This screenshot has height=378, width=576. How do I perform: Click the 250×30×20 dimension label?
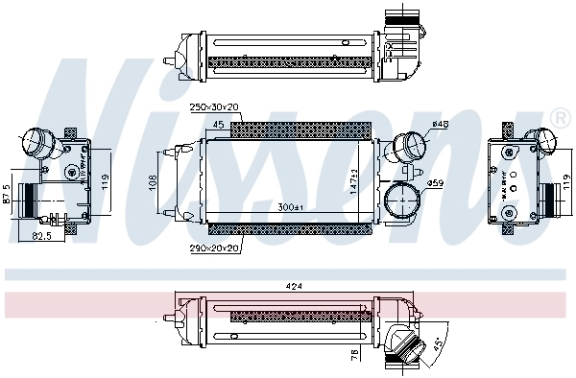(x=213, y=106)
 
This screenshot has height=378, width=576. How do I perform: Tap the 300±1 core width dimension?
(x=289, y=208)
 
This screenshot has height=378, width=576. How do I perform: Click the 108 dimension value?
(x=152, y=183)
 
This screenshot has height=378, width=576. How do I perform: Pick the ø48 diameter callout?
(x=441, y=124)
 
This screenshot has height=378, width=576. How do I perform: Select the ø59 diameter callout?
(x=435, y=182)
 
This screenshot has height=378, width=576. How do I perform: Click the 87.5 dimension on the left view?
(x=6, y=193)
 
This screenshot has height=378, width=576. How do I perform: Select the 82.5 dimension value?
(x=41, y=235)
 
